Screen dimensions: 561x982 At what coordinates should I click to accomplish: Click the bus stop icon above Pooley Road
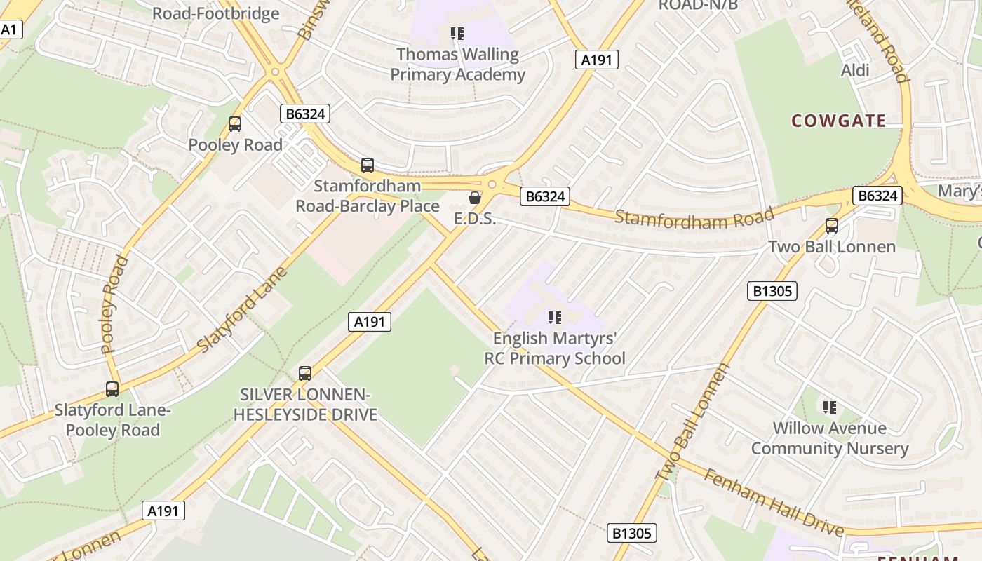(x=235, y=124)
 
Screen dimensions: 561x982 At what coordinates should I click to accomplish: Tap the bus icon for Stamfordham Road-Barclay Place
(x=368, y=165)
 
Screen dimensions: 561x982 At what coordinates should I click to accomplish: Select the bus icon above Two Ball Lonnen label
(x=832, y=226)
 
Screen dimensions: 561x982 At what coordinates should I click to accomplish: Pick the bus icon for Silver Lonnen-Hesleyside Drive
(x=305, y=373)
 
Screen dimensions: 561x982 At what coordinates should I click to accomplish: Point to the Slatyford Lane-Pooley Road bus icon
(x=112, y=388)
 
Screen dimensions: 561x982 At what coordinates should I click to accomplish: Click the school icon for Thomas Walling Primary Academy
(x=457, y=34)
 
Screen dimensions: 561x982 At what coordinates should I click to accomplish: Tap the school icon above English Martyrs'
(x=555, y=318)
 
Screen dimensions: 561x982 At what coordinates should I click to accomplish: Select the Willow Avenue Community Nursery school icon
(x=830, y=407)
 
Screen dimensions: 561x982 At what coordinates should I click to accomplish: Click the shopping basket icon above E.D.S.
(x=475, y=198)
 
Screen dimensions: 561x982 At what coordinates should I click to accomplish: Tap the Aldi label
(x=855, y=70)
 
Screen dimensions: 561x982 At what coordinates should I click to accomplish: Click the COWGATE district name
(x=838, y=121)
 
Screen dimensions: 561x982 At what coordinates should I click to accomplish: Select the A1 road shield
(x=11, y=29)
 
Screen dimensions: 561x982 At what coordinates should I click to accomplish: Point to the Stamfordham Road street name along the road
(x=694, y=217)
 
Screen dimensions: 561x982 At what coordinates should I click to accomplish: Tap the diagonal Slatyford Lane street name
(x=243, y=310)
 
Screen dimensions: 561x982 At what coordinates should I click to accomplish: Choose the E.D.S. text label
(x=475, y=219)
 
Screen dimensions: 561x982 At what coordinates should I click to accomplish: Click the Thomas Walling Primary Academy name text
(x=457, y=65)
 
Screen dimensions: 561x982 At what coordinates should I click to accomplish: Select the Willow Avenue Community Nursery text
(x=830, y=438)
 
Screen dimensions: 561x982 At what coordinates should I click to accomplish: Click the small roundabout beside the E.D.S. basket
(x=492, y=184)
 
